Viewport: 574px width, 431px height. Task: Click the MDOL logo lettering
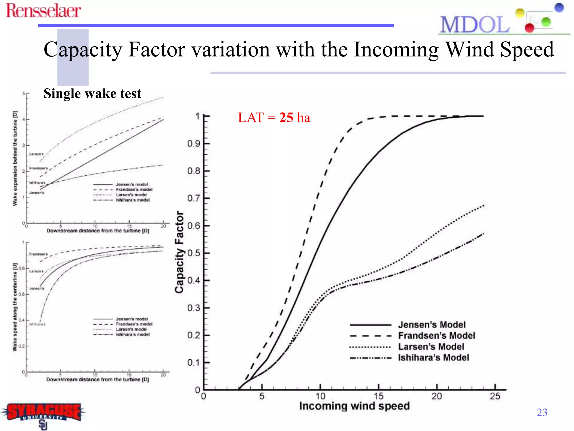click(475, 25)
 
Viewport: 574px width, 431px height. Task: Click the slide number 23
click(542, 412)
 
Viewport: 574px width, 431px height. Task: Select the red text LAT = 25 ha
click(274, 117)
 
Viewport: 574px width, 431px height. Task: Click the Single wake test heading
click(92, 93)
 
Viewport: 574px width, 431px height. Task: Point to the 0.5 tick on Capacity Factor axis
click(194, 253)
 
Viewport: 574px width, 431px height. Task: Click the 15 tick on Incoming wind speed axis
click(378, 396)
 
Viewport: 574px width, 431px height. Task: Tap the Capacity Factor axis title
click(179, 252)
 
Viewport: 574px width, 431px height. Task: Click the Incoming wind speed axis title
click(354, 406)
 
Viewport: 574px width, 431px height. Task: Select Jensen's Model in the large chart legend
click(432, 325)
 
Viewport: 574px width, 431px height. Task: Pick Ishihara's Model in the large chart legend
click(433, 358)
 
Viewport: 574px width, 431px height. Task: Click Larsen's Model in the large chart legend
click(431, 347)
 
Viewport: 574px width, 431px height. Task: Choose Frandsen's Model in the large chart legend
click(436, 336)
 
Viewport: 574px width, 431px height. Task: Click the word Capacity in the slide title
click(83, 50)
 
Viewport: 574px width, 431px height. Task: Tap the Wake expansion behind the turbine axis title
click(15, 158)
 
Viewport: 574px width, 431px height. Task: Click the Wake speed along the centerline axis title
click(15, 307)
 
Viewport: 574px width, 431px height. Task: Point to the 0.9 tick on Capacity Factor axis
click(194, 144)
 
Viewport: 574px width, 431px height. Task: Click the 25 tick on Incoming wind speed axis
click(495, 396)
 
